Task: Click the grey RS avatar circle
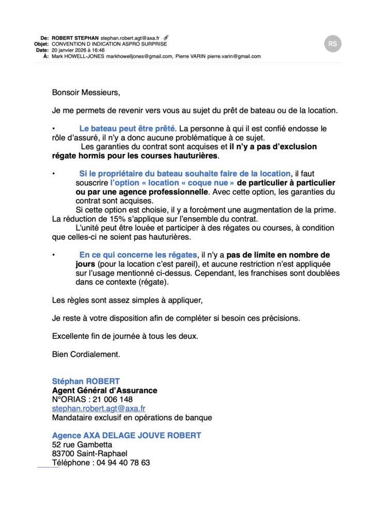pyautogui.click(x=333, y=44)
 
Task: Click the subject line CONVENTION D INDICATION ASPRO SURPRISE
pyautogui.click(x=109, y=44)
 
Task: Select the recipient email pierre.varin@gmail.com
pyautogui.click(x=234, y=56)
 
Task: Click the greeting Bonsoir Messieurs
pyautogui.click(x=86, y=93)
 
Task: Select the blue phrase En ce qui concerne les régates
pyautogui.click(x=138, y=255)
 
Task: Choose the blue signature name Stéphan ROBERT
pyautogui.click(x=86, y=382)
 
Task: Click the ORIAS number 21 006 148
pyautogui.click(x=109, y=399)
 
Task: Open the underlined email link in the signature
pyautogui.click(x=99, y=409)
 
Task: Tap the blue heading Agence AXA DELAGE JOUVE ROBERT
pyautogui.click(x=127, y=435)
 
